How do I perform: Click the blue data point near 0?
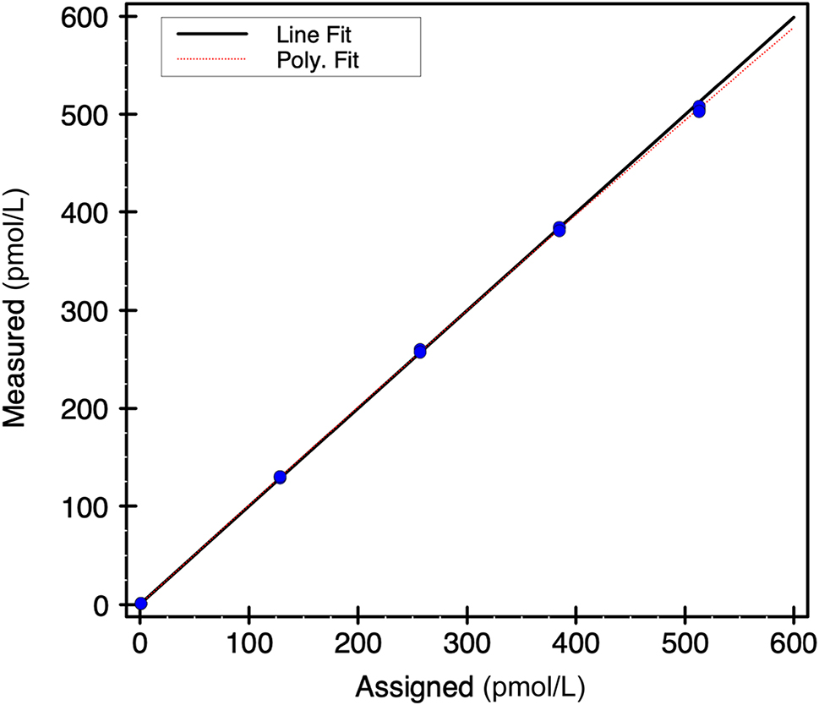click(140, 604)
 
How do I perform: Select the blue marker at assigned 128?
click(280, 477)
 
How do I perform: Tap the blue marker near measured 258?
click(420, 351)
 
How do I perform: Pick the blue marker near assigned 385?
click(560, 229)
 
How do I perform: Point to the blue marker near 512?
click(699, 109)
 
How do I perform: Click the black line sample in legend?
click(210, 35)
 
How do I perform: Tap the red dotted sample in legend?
click(210, 59)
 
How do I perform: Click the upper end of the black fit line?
click(794, 18)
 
